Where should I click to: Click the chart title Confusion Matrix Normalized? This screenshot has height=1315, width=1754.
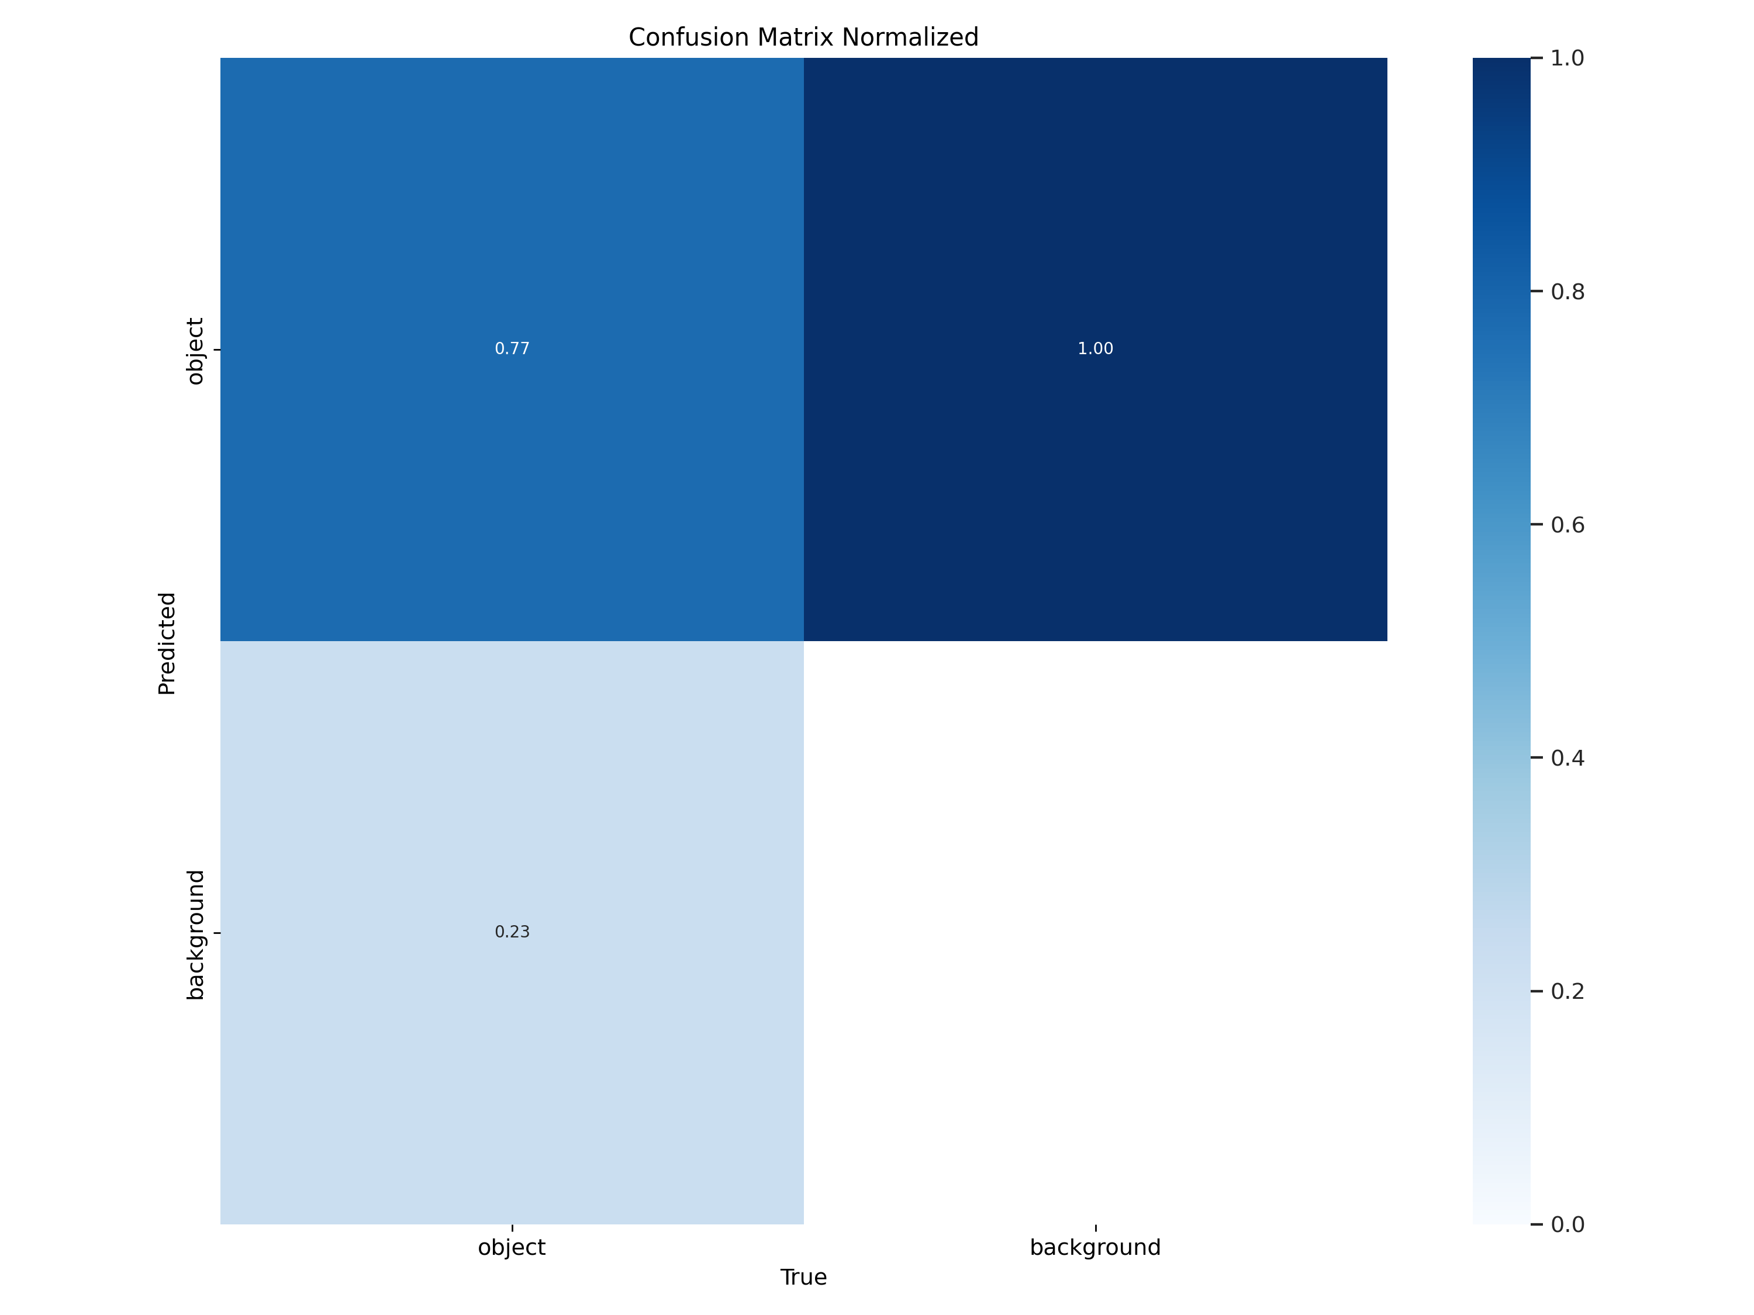pyautogui.click(x=803, y=37)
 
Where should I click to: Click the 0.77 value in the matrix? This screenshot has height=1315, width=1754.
pyautogui.click(x=512, y=349)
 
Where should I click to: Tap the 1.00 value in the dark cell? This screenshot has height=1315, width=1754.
pyautogui.click(x=1095, y=349)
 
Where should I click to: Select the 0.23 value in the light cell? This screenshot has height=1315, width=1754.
pyautogui.click(x=512, y=932)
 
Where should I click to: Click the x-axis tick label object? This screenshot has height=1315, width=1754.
pyautogui.click(x=512, y=1248)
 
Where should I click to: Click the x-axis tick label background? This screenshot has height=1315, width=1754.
pyautogui.click(x=1095, y=1248)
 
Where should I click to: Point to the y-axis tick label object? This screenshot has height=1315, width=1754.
pyautogui.click(x=195, y=351)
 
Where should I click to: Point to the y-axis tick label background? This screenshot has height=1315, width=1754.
pyautogui.click(x=195, y=935)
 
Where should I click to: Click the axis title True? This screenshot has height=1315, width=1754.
pyautogui.click(x=803, y=1277)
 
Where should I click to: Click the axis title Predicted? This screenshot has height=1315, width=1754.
pyautogui.click(x=167, y=643)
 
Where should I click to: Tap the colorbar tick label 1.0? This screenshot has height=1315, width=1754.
pyautogui.click(x=1567, y=58)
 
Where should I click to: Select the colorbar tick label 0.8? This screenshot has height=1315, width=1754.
pyautogui.click(x=1567, y=292)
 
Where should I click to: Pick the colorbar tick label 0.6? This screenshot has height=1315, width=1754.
pyautogui.click(x=1567, y=525)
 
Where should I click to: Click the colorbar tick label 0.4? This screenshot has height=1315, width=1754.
pyautogui.click(x=1567, y=759)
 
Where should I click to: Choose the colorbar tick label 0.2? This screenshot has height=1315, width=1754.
pyautogui.click(x=1567, y=992)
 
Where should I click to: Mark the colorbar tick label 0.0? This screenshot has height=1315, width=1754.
pyautogui.click(x=1567, y=1224)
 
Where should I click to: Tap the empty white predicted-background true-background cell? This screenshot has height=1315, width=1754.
pyautogui.click(x=1095, y=932)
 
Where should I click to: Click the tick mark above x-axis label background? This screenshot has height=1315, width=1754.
pyautogui.click(x=1096, y=1228)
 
